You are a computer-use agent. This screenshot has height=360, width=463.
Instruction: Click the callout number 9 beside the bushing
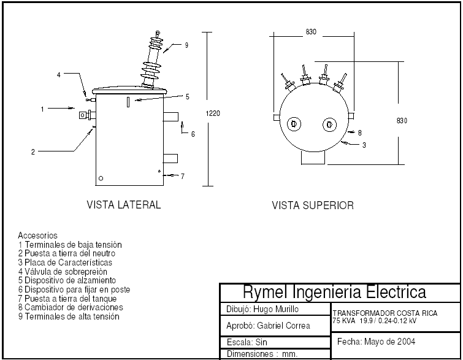coord(186,45)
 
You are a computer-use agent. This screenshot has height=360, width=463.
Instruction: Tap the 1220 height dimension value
coord(213,113)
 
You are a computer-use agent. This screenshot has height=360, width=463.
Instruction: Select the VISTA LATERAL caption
coord(124,205)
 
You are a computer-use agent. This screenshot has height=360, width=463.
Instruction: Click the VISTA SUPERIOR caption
coord(313,205)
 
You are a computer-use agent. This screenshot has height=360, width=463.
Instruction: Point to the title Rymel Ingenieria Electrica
coord(334,291)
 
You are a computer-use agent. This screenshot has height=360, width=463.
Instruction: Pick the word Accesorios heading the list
coord(37,235)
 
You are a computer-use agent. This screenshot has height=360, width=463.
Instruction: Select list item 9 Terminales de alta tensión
coord(69,316)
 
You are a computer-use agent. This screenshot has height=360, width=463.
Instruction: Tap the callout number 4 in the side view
coord(59,75)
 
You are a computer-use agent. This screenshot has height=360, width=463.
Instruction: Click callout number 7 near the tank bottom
coord(182,177)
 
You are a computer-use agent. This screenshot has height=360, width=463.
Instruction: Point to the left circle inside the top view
coord(294,124)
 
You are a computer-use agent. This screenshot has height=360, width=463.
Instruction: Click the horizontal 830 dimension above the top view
coord(311,32)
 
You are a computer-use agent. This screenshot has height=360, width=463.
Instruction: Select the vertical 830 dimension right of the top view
coord(402,121)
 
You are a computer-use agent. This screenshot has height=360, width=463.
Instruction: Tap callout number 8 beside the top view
coord(360,132)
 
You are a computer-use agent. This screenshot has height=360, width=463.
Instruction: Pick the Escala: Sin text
coord(247,342)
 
